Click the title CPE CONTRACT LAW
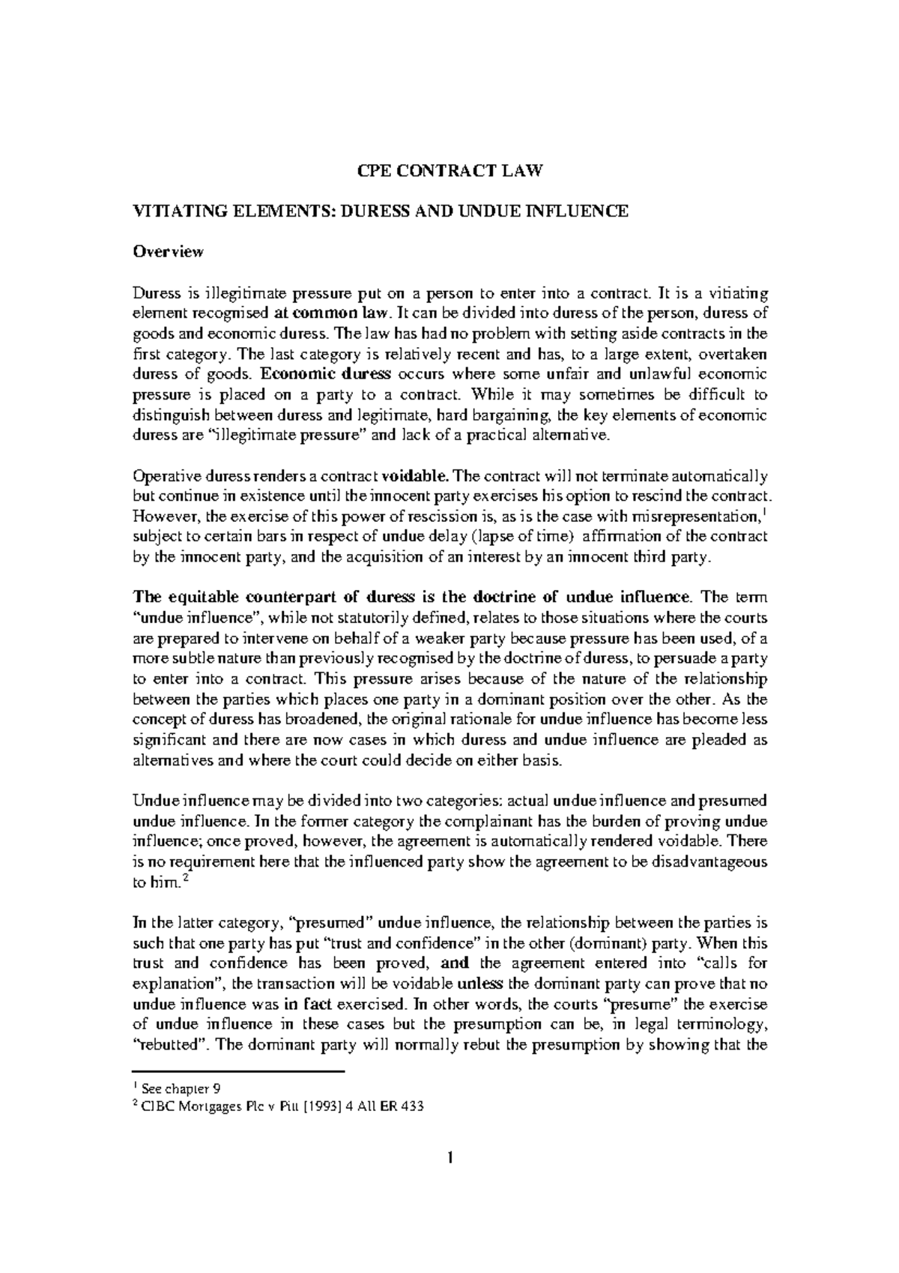tap(448, 172)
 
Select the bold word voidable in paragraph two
tap(416, 476)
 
